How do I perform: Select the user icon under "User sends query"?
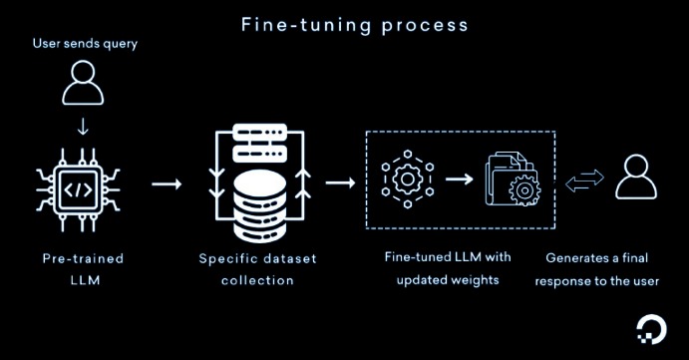tap(82, 87)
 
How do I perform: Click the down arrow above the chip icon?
tap(82, 128)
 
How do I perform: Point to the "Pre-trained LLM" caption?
tap(82, 269)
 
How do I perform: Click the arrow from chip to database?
tap(166, 184)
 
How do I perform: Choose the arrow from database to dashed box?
tap(340, 184)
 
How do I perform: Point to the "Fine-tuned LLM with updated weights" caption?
tap(447, 269)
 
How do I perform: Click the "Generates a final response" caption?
tap(596, 269)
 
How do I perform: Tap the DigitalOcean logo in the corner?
tap(653, 331)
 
